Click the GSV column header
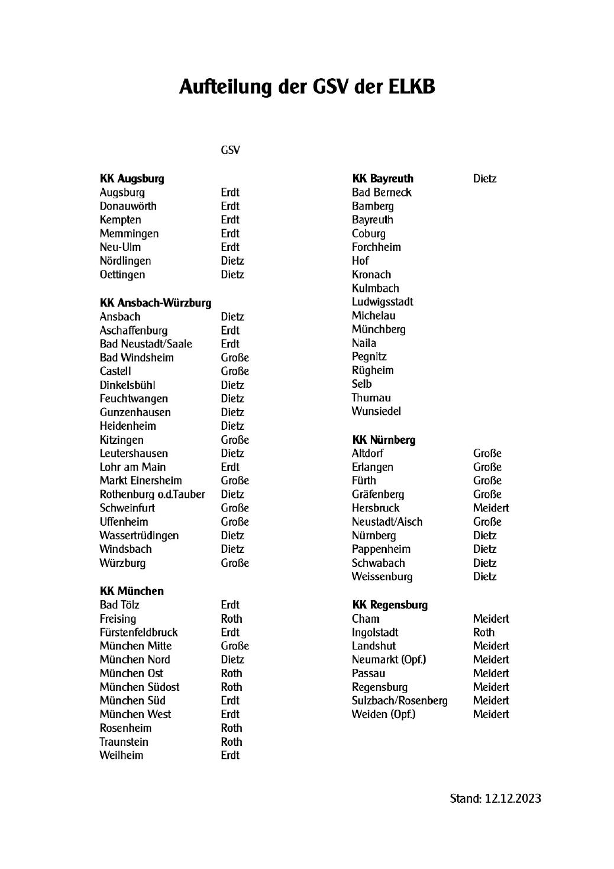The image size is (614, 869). (x=230, y=150)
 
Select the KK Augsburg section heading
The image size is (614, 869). (x=132, y=179)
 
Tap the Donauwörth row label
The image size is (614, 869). (x=128, y=206)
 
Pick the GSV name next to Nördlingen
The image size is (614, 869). (x=232, y=261)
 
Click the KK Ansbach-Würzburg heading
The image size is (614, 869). (x=155, y=303)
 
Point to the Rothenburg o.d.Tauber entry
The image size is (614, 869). (x=152, y=494)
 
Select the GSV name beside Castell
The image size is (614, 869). (x=235, y=371)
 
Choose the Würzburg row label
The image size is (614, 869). (x=122, y=563)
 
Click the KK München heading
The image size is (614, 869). (x=131, y=591)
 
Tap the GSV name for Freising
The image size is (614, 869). (x=231, y=619)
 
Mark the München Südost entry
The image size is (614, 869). (x=139, y=687)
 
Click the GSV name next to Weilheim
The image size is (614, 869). (x=230, y=755)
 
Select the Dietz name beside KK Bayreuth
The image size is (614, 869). (x=484, y=179)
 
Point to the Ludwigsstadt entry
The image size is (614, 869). (x=382, y=302)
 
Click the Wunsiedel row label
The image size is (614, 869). (x=376, y=411)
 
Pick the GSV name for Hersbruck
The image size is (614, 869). (x=491, y=508)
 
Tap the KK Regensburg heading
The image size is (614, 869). (x=389, y=605)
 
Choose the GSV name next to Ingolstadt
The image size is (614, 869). (x=483, y=632)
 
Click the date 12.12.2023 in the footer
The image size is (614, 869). (x=513, y=799)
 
